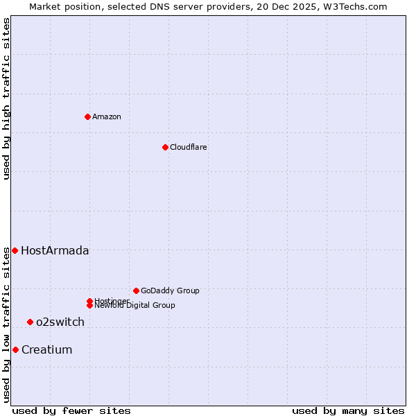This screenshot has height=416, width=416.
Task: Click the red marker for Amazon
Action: coord(87,116)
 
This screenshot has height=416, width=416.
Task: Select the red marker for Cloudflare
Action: coord(165,147)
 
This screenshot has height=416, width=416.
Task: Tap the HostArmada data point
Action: coord(15,250)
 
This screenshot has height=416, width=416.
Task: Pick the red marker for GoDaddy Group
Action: coord(136,291)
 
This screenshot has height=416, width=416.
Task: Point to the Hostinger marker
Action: coord(89,301)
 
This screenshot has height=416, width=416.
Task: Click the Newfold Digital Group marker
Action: coord(89,306)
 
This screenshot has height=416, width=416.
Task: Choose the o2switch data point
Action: coord(30,322)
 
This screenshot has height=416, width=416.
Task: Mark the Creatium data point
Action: coord(15,349)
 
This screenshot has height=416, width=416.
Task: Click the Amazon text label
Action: coord(107,116)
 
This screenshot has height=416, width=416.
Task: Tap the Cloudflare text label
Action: coord(188,147)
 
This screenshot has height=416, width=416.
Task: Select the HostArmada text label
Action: coord(55,251)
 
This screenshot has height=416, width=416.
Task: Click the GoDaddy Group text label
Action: coord(170,291)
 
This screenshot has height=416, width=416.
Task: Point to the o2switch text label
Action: coord(60,322)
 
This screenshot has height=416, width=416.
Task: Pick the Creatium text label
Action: coord(46,350)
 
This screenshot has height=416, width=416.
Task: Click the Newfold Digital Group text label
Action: coord(135,306)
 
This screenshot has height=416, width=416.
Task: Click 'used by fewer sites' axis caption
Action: coord(71,410)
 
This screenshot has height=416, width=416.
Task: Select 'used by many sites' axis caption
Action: coord(348,410)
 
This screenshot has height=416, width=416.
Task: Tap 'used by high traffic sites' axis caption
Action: coord(6,98)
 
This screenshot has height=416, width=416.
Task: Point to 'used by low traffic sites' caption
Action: coord(6,324)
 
